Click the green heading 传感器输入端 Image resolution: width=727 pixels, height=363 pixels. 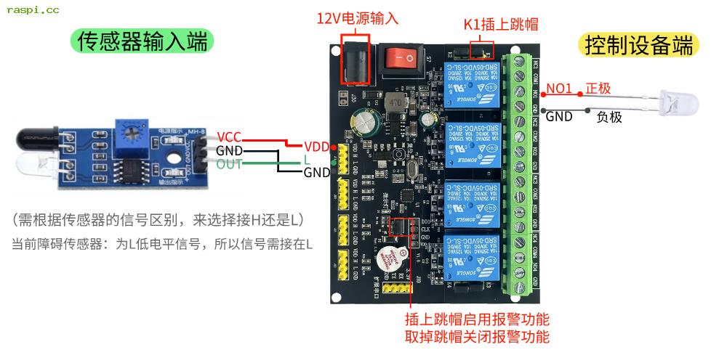142,41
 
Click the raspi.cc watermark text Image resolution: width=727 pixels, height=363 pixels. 33,10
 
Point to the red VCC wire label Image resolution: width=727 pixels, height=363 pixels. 228,136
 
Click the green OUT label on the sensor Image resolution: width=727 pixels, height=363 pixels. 229,164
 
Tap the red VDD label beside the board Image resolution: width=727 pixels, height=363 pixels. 317,145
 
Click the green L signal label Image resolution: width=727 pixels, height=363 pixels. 307,159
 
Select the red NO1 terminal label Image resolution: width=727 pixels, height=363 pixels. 560,89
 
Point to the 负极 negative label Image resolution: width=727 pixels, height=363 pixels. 609,116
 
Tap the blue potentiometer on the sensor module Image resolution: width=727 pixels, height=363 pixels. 133,131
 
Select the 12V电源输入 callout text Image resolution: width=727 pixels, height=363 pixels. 357,19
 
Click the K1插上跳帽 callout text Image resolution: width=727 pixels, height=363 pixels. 501,24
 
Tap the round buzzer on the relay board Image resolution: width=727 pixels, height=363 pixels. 392,257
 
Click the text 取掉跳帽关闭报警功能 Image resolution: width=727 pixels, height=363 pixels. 476,336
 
